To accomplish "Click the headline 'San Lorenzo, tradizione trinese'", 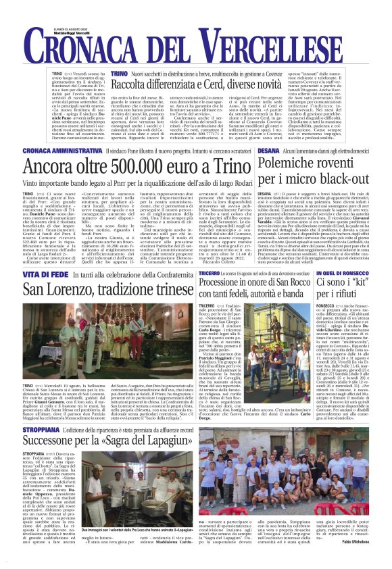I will [108, 290].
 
